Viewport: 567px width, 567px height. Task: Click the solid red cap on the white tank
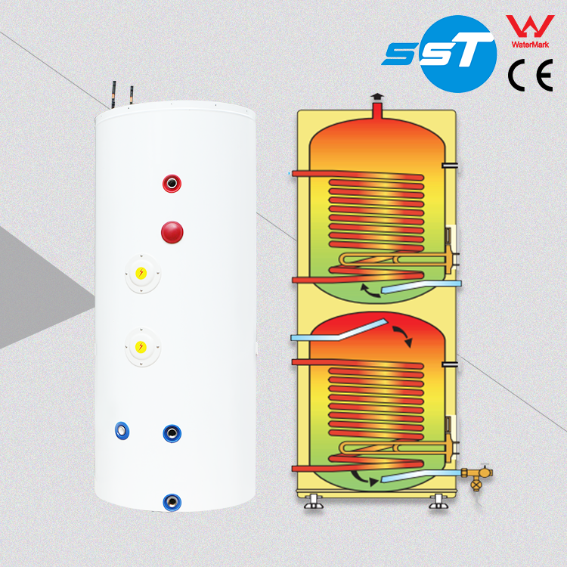click(x=172, y=231)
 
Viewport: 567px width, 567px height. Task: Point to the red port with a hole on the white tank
click(x=172, y=183)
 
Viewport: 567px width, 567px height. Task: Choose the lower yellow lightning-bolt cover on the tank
click(x=141, y=346)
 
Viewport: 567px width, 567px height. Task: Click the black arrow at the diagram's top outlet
click(x=376, y=98)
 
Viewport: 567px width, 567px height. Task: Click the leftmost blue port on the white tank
click(x=122, y=431)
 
